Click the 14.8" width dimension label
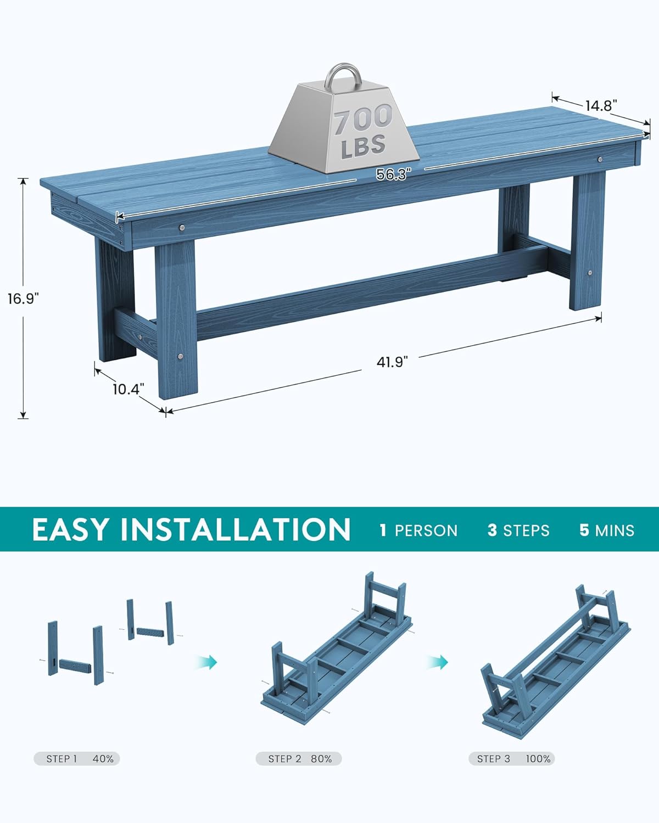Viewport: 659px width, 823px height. point(601,105)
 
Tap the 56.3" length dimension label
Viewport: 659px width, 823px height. point(393,174)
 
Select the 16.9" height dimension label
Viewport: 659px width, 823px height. point(23,298)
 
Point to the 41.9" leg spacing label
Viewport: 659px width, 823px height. point(393,362)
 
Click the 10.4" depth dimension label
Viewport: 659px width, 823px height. point(128,389)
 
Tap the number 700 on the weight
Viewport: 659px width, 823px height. point(363,120)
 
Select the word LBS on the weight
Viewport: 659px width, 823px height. point(363,146)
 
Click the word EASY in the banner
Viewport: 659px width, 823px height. point(70,529)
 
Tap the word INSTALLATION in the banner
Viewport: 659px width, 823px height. point(235,529)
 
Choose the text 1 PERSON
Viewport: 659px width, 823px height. point(418,531)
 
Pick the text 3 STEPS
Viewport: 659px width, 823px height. point(518,531)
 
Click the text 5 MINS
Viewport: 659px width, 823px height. point(607,531)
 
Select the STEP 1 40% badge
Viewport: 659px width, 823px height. point(77,759)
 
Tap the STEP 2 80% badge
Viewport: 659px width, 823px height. point(299,759)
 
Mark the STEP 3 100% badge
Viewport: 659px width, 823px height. point(512,759)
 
